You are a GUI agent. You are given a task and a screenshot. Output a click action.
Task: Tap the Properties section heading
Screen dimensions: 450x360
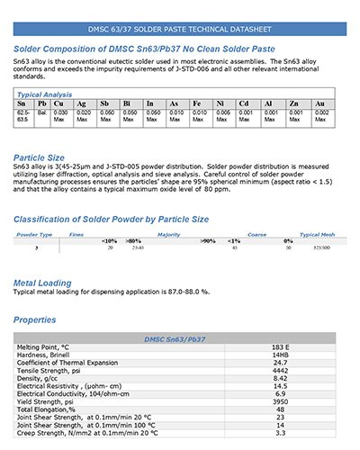click(x=40, y=320)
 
